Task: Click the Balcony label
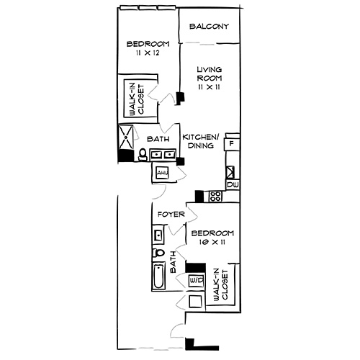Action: click(209, 27)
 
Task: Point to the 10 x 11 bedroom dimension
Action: click(212, 244)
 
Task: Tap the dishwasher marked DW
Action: click(232, 185)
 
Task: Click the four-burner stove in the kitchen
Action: click(215, 196)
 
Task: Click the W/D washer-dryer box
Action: click(196, 279)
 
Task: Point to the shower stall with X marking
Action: click(127, 135)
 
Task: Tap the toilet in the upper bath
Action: click(143, 154)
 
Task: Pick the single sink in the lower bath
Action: click(158, 234)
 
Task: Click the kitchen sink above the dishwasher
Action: click(231, 172)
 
